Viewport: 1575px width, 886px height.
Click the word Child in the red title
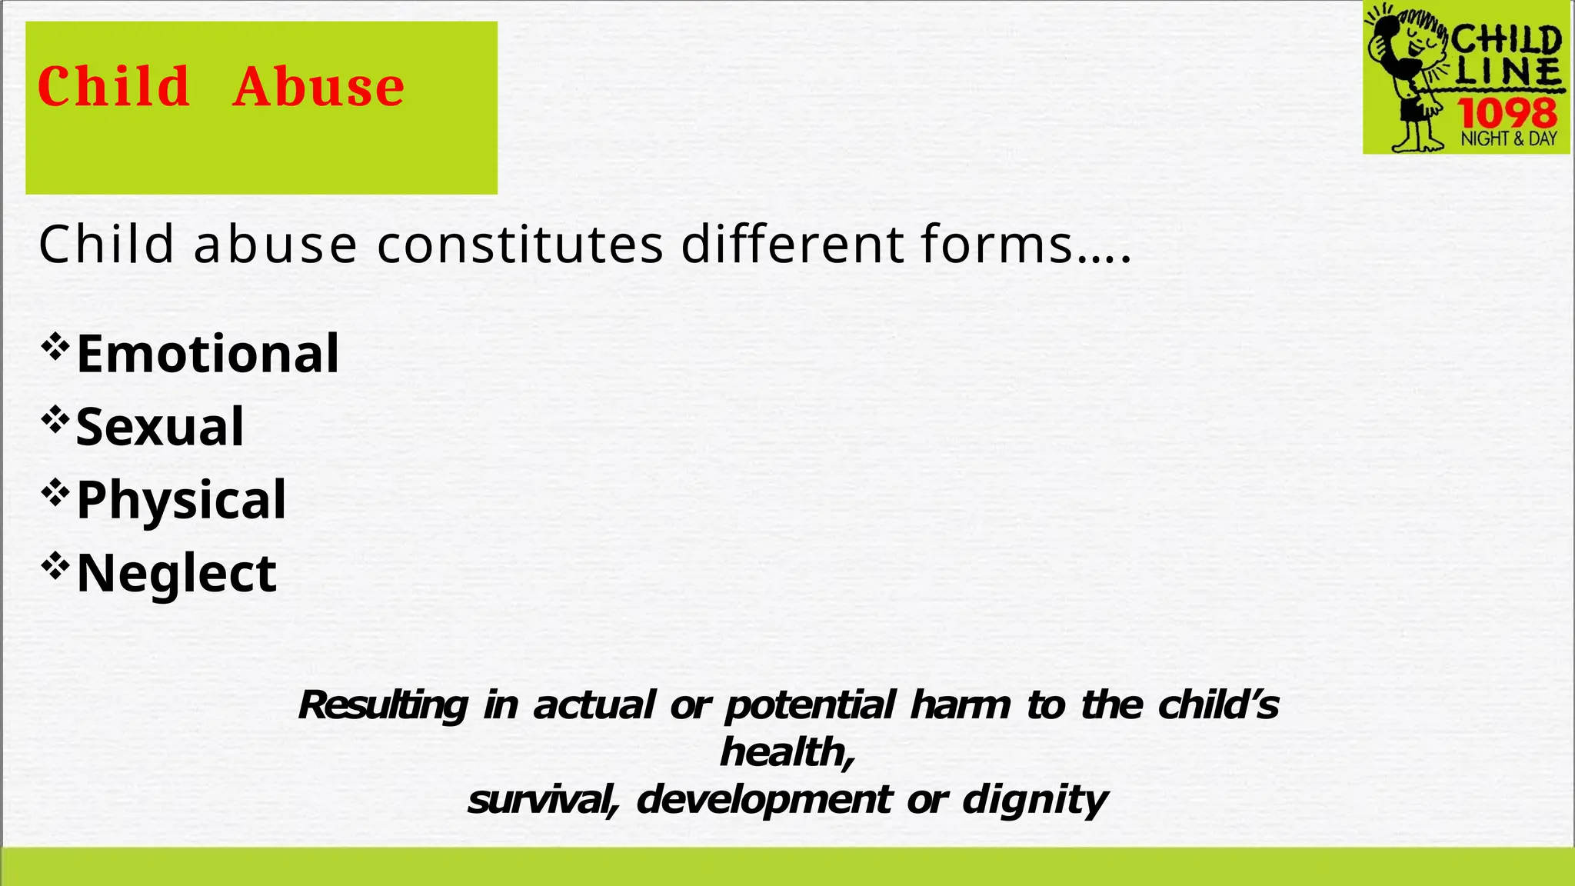[x=114, y=86]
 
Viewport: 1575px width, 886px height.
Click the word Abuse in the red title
[x=318, y=86]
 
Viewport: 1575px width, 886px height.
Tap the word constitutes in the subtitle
[x=520, y=245]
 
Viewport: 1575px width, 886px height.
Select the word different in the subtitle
[x=792, y=245]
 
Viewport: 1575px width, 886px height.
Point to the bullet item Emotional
[x=208, y=354]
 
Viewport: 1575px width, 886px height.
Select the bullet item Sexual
[x=160, y=427]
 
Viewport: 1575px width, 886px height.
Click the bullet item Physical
[x=181, y=500]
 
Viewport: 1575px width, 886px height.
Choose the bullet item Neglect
[x=177, y=573]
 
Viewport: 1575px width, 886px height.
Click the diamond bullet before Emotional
[x=55, y=347]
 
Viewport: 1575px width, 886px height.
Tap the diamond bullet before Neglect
[x=55, y=567]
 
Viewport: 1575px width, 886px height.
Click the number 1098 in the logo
[x=1507, y=114]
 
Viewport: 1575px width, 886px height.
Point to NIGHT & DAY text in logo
[x=1508, y=139]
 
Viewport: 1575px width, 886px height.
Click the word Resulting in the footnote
[x=382, y=705]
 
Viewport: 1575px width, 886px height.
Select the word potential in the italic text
[x=810, y=705]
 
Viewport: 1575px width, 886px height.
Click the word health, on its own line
[x=787, y=752]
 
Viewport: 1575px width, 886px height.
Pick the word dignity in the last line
[x=1034, y=800]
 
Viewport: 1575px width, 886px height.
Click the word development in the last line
[x=764, y=800]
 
